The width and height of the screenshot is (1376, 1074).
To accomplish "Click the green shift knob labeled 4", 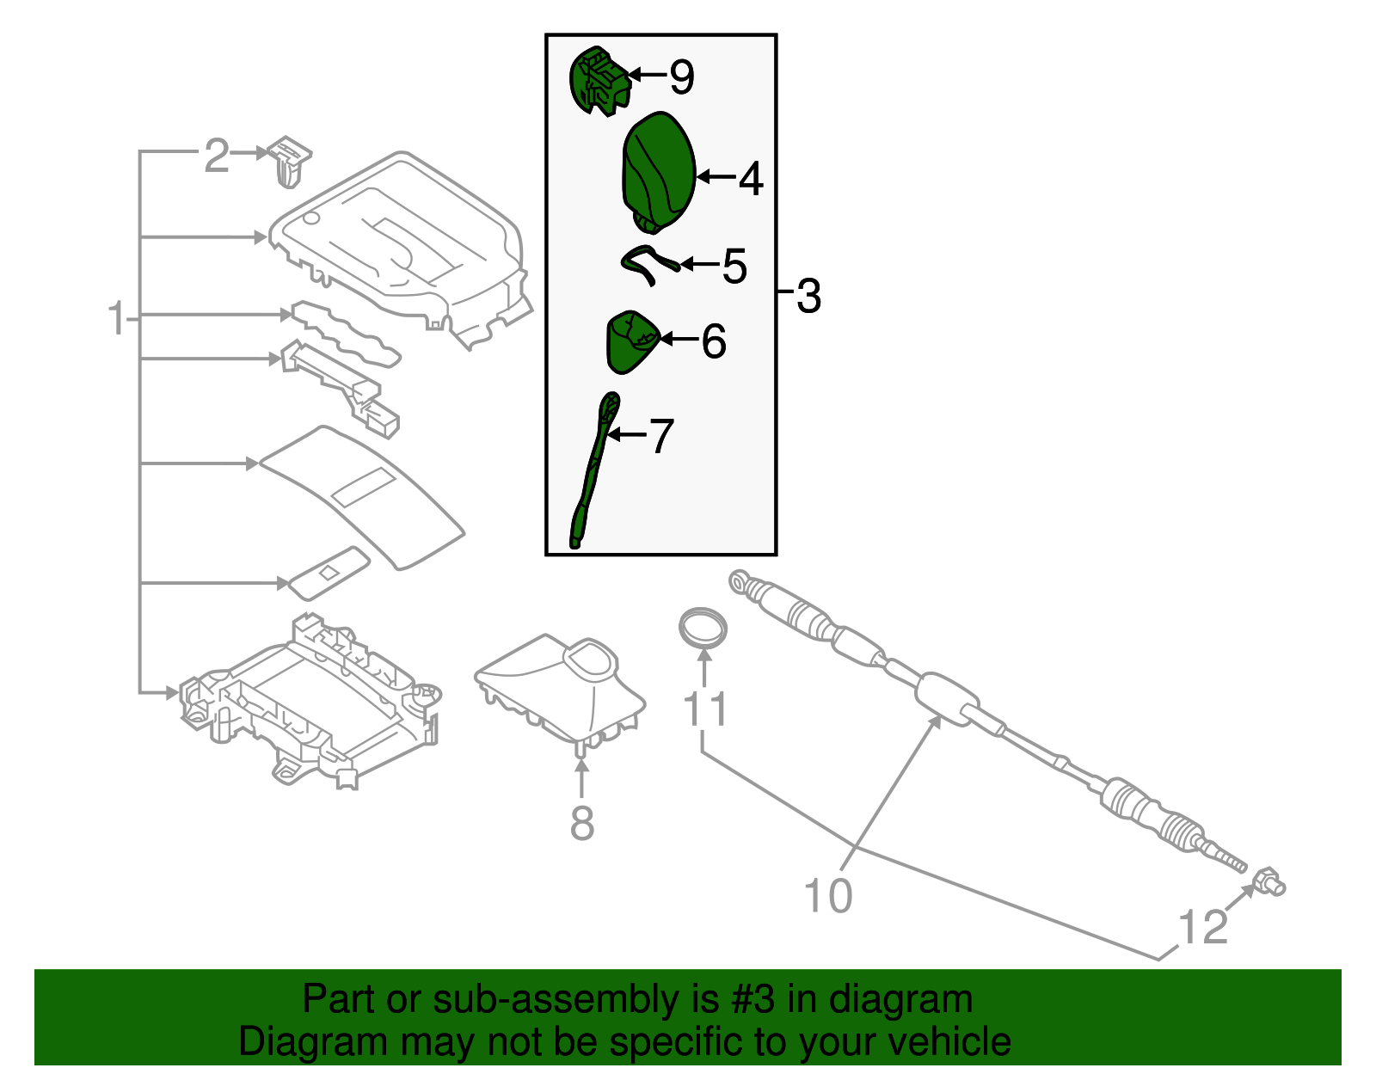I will (658, 172).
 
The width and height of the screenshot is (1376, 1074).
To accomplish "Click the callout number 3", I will (808, 296).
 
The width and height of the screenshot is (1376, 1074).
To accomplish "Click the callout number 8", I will (582, 823).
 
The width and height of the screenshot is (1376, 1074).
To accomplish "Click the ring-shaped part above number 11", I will (703, 626).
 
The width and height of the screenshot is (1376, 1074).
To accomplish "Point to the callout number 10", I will (827, 895).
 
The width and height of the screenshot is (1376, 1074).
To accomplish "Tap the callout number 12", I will (1202, 928).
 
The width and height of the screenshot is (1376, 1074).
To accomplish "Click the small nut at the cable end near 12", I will (1269, 881).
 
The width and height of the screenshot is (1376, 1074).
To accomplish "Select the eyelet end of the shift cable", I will (740, 583).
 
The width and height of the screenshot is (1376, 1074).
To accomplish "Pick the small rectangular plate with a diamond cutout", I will (328, 573).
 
